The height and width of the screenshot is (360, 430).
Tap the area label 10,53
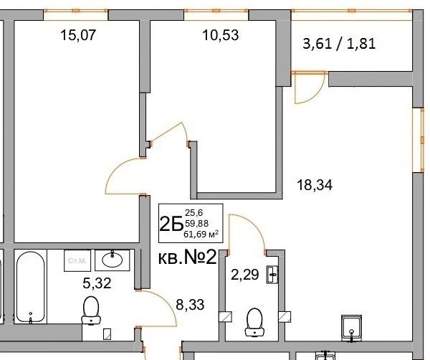click(205, 35)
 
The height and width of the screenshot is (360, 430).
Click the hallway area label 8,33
click(189, 304)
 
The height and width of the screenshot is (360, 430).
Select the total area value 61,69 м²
click(202, 233)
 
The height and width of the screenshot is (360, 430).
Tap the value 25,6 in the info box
click(194, 212)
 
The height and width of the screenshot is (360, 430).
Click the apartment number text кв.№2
click(187, 258)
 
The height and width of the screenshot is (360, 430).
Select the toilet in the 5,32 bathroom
click(91, 310)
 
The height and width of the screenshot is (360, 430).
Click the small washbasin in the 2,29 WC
click(273, 274)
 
